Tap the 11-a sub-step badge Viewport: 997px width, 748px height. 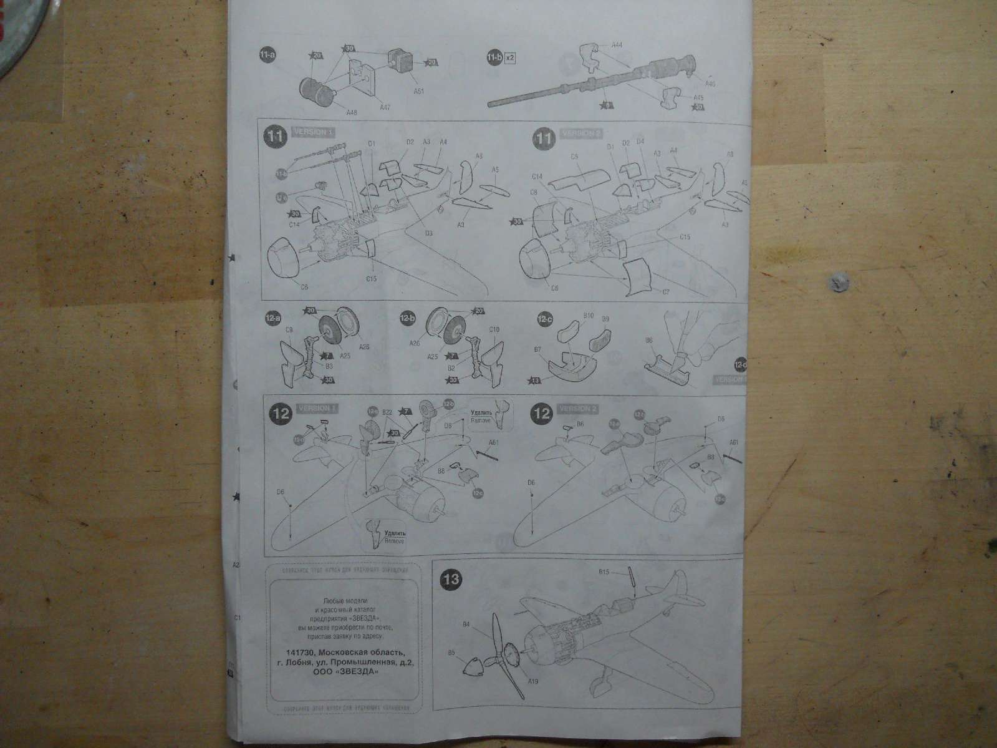[267, 56]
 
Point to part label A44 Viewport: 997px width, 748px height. [617, 44]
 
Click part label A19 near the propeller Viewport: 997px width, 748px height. [533, 699]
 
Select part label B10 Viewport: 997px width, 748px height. [588, 316]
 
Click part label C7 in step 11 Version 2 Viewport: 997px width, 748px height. [665, 291]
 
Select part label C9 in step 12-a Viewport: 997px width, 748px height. [289, 329]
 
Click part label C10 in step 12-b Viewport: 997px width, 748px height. [494, 329]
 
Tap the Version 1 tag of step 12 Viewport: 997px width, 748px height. [317, 408]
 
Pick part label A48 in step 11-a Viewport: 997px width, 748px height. [353, 112]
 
